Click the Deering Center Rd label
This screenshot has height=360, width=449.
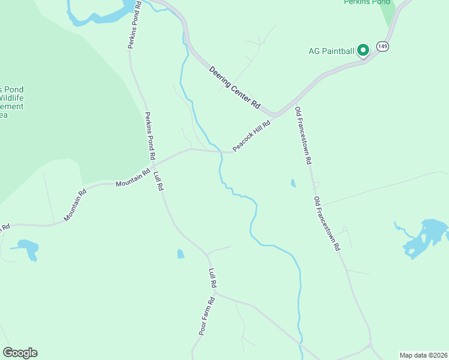click(x=235, y=88)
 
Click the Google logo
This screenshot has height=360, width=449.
click(x=20, y=353)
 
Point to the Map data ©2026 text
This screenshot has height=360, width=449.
click(x=423, y=355)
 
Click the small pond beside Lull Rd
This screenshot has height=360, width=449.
click(x=181, y=254)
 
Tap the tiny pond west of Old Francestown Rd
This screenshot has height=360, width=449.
click(x=293, y=183)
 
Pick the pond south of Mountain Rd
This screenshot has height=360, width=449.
click(x=28, y=248)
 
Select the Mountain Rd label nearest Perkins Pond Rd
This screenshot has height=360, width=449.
click(x=133, y=178)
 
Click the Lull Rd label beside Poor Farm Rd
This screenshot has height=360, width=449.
click(x=212, y=278)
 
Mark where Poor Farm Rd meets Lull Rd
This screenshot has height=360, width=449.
click(x=215, y=293)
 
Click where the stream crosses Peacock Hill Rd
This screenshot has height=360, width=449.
click(x=222, y=152)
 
